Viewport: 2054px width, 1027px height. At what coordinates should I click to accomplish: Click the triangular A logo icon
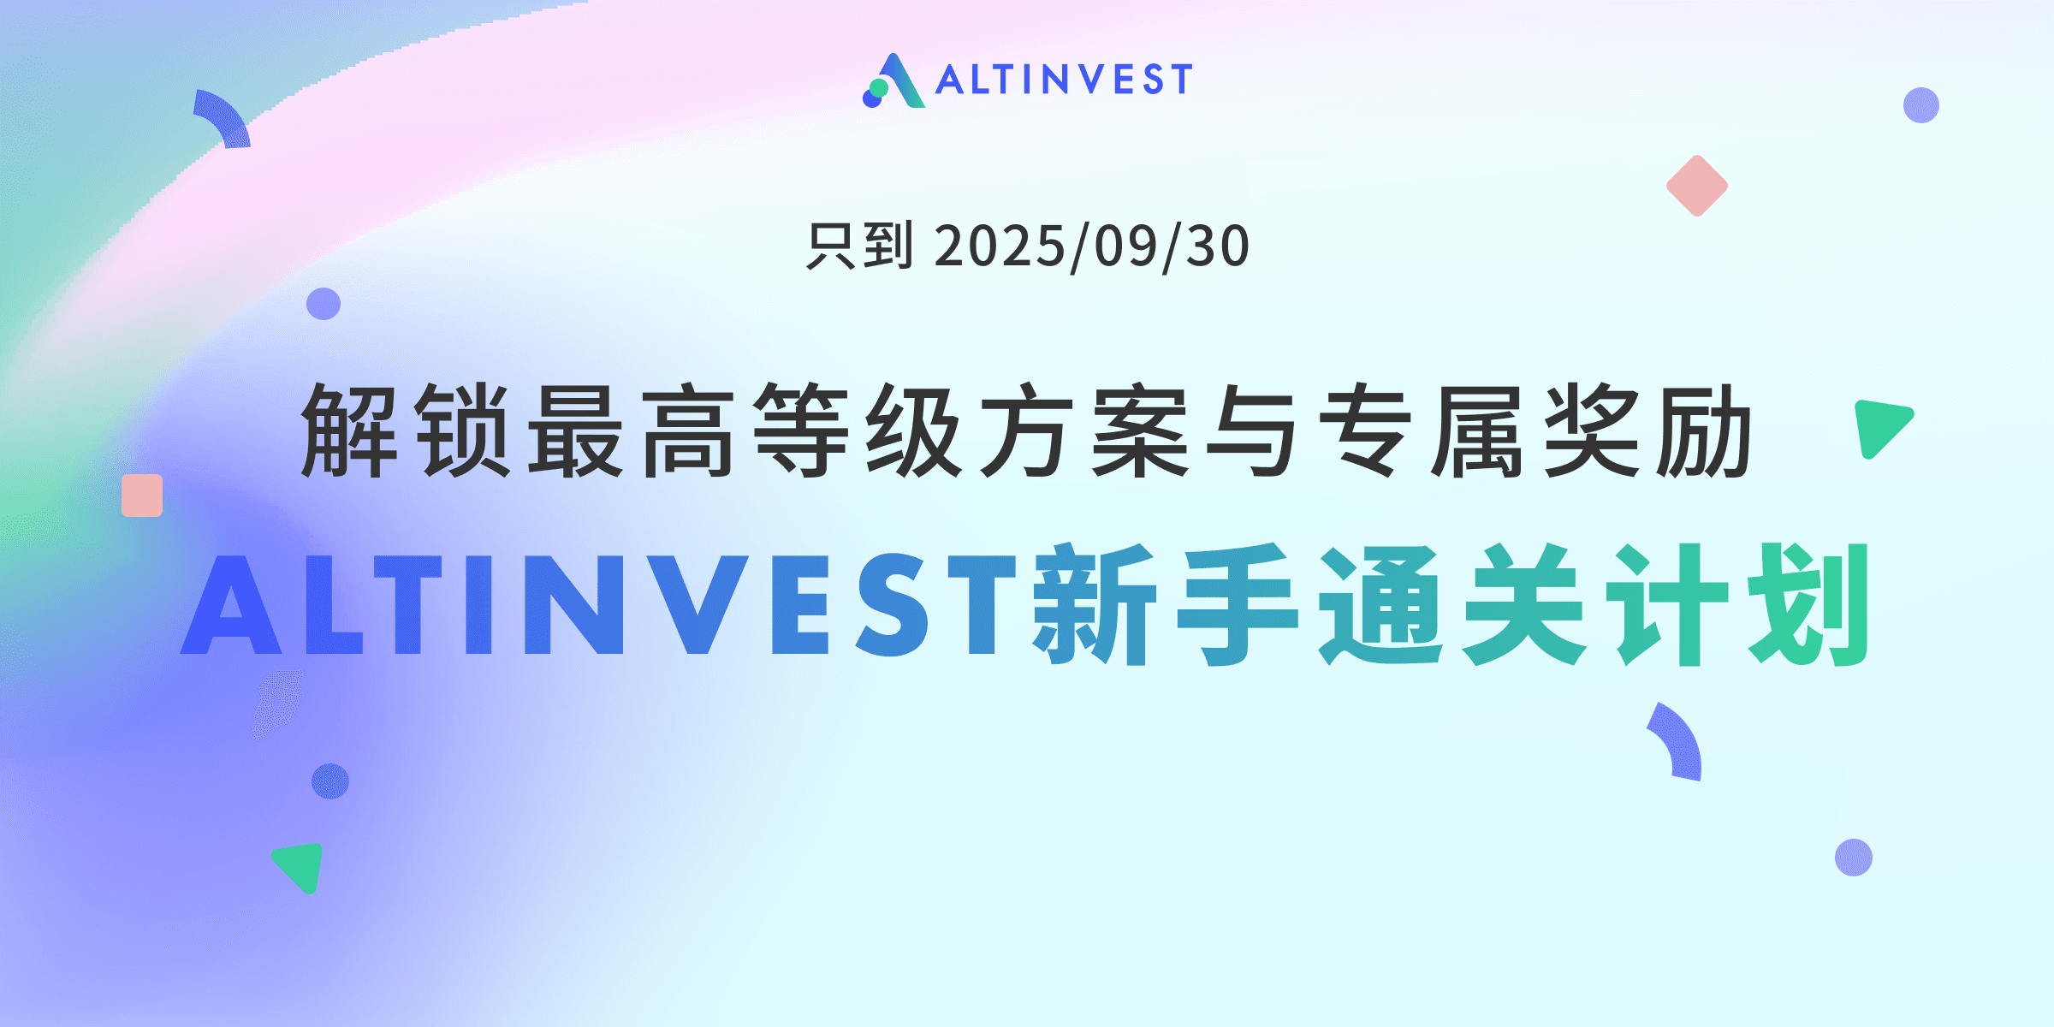895,80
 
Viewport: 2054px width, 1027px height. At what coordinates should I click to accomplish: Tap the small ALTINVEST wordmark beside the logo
1064,80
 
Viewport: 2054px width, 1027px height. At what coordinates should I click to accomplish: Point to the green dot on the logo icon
879,87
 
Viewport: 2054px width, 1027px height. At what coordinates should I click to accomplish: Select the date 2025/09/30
1092,246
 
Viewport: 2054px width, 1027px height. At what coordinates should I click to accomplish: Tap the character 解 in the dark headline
349,430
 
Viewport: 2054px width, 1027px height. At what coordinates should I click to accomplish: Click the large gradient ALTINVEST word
598,604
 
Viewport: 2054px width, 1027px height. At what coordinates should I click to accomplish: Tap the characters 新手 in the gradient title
1166,604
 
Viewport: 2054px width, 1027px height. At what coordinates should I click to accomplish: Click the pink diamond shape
1697,186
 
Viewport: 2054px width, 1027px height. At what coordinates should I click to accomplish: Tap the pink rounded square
142,496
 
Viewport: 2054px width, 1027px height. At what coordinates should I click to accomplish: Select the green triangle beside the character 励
1879,425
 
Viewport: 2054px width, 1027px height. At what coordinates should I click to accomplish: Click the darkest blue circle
330,781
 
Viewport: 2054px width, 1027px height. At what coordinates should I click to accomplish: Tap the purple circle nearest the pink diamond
1921,105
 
